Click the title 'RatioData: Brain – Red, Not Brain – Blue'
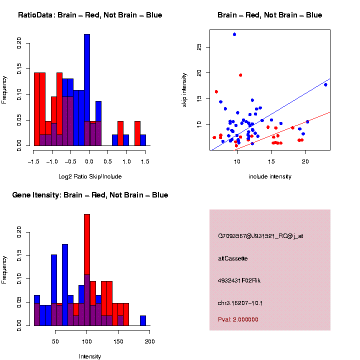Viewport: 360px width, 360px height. click(x=90, y=15)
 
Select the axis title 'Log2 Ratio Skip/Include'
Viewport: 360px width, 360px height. click(x=89, y=176)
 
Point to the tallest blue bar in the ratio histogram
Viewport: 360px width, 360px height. click(x=87, y=90)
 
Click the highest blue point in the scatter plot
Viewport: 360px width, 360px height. click(x=234, y=34)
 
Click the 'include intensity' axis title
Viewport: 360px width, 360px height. click(x=270, y=176)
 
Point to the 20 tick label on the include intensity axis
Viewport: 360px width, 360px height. click(x=305, y=161)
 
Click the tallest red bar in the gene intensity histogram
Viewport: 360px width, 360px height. click(x=87, y=270)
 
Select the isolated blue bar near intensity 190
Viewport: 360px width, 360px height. click(x=143, y=320)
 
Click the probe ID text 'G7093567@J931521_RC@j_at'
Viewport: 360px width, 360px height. click(x=260, y=236)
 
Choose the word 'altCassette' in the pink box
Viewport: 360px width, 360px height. click(x=233, y=258)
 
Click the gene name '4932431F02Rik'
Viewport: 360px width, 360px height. click(x=239, y=280)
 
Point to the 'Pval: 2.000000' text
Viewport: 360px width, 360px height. click(x=238, y=319)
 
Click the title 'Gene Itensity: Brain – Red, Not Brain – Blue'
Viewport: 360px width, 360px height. click(x=90, y=195)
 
